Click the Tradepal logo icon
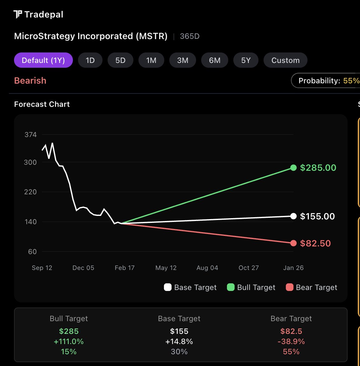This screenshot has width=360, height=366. (x=18, y=14)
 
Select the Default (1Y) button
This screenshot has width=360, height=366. (x=43, y=60)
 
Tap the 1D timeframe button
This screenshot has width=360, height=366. (x=90, y=60)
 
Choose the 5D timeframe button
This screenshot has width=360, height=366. (x=120, y=60)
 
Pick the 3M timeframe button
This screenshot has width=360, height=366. (x=182, y=60)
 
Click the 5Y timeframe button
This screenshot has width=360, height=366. (x=246, y=60)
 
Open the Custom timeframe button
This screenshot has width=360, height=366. (x=285, y=60)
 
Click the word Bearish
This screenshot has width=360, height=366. (x=30, y=81)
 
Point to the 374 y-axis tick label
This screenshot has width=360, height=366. (x=31, y=135)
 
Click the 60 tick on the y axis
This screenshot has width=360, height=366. (x=32, y=252)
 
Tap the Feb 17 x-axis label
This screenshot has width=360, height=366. (x=124, y=268)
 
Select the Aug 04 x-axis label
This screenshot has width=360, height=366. (x=207, y=268)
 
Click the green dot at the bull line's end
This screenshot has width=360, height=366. (x=293, y=168)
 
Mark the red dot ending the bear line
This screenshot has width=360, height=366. (x=293, y=243)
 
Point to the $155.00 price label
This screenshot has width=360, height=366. (x=317, y=217)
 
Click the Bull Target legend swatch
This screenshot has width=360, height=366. (x=231, y=287)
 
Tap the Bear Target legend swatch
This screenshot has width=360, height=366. (x=290, y=287)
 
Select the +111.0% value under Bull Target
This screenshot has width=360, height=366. (x=69, y=342)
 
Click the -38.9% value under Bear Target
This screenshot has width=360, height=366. (x=291, y=342)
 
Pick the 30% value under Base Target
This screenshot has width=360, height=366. (x=179, y=352)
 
